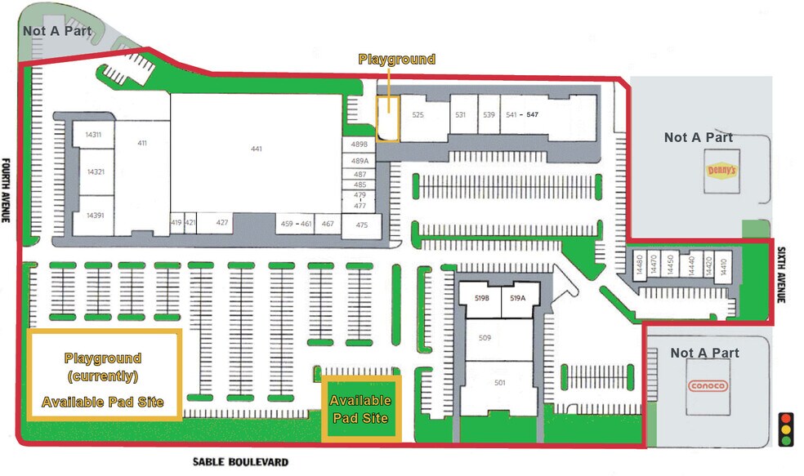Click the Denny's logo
721,171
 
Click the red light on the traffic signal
787,416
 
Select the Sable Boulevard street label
240,462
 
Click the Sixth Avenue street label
781,276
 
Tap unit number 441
257,149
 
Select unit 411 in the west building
142,144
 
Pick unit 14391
95,216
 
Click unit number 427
222,223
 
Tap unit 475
362,225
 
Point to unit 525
418,115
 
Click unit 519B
481,299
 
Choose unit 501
500,381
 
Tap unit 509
485,337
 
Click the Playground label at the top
397,60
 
